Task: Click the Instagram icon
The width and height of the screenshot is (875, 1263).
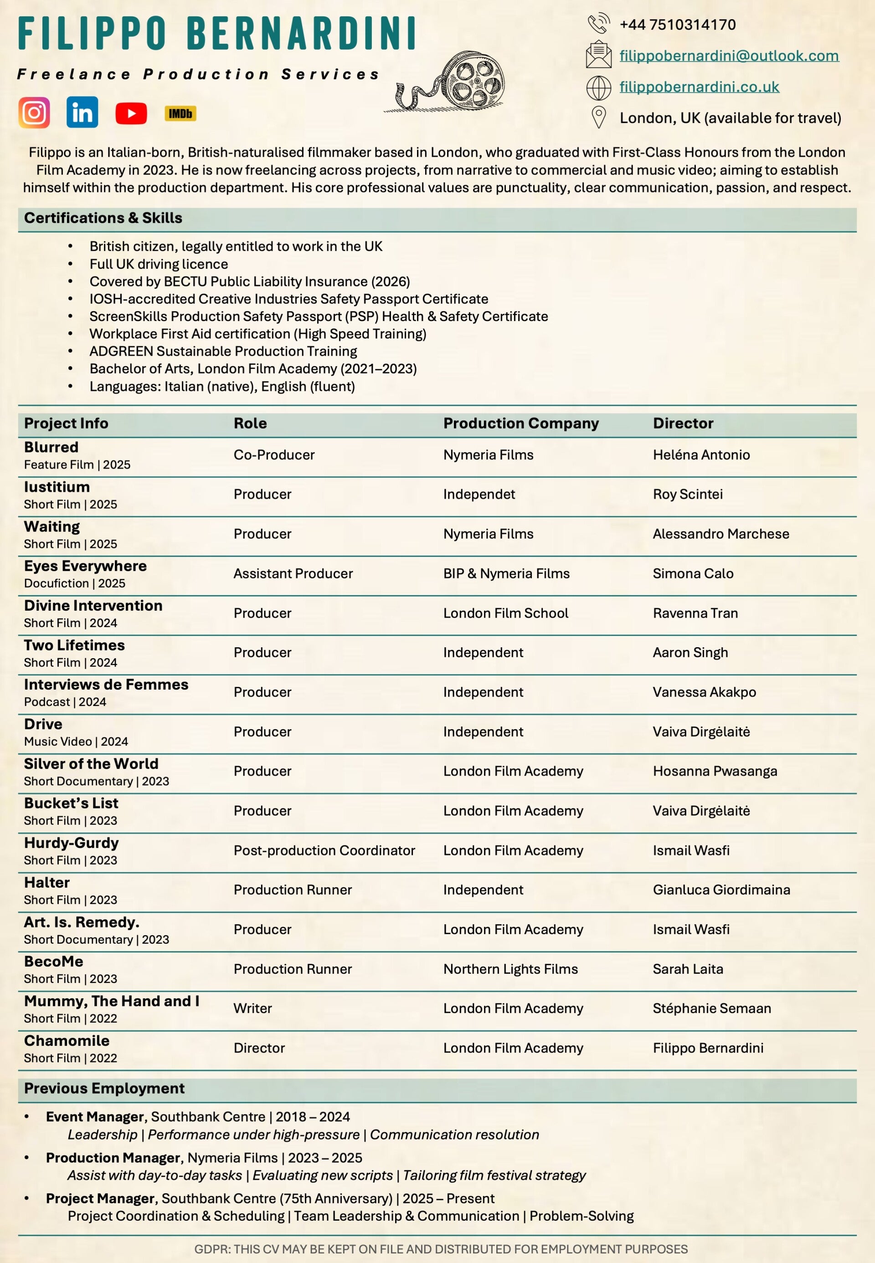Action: tap(34, 112)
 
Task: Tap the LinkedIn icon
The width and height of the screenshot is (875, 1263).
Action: tap(82, 112)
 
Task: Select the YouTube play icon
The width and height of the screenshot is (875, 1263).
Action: tap(131, 113)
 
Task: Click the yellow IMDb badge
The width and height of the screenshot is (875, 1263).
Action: tap(180, 113)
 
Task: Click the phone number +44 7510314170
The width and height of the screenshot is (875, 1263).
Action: tap(677, 25)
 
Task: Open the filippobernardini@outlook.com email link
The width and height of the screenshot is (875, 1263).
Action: tap(729, 56)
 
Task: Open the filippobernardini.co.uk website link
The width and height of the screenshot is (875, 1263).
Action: tap(699, 87)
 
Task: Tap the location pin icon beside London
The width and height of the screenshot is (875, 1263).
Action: tap(599, 117)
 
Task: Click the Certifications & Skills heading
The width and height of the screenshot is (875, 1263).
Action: tap(103, 218)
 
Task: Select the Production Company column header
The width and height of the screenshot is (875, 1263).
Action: tap(521, 423)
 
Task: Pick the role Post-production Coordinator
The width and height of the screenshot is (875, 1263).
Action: tap(324, 850)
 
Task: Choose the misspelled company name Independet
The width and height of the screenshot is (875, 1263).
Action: tap(479, 494)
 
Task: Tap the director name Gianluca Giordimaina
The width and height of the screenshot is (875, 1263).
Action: tap(721, 890)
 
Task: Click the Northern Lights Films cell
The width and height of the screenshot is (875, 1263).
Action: tap(510, 969)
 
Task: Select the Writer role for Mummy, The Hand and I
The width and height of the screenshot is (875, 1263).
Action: tap(253, 1008)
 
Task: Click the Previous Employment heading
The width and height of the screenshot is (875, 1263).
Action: tap(104, 1088)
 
